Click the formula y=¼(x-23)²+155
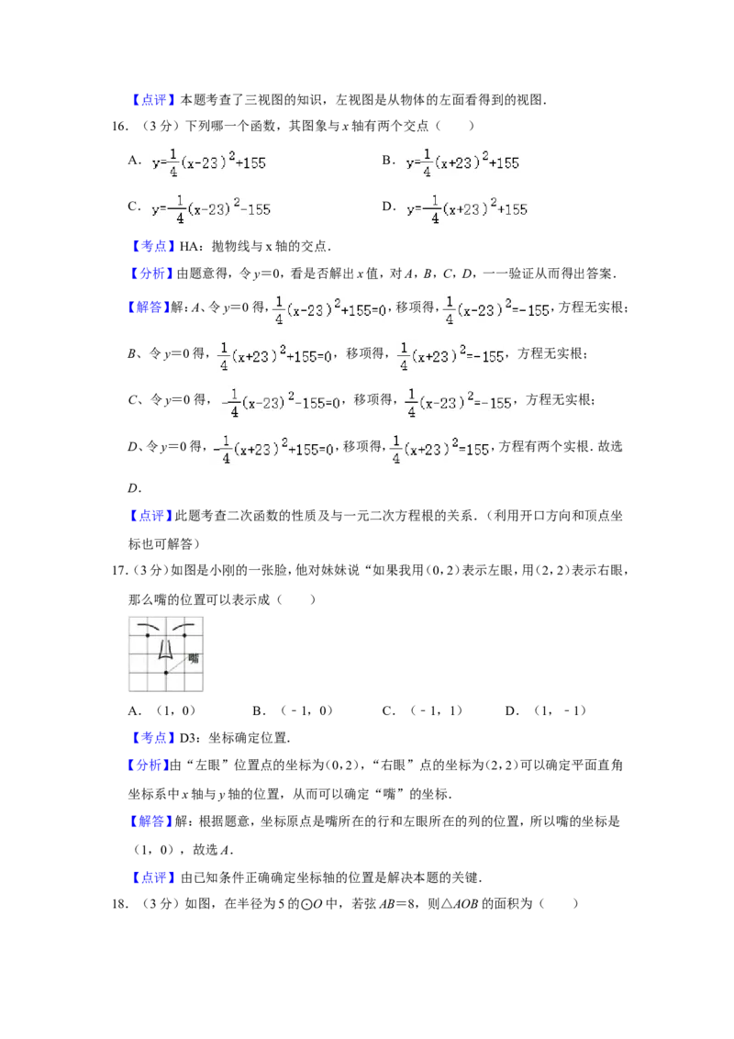tap(208, 162)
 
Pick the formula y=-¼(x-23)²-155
tap(212, 209)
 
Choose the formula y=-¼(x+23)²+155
tap(468, 209)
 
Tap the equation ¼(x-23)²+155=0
tap(330, 309)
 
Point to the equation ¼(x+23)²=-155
tap(450, 357)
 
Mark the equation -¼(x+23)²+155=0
tap(272, 450)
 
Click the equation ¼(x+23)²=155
tap(440, 450)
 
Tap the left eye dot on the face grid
tap(148, 635)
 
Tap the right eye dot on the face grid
tap(184, 635)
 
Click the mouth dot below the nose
tap(166, 673)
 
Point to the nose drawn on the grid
tap(166, 652)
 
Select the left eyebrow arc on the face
tap(148, 626)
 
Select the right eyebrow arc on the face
tap(183, 626)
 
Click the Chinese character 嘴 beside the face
tap(194, 658)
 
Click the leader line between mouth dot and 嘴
tap(178, 665)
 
